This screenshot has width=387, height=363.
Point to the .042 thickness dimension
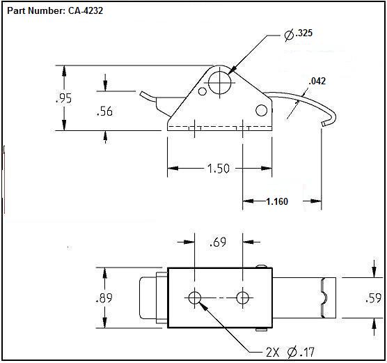point(317,81)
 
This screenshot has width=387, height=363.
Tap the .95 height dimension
point(63,98)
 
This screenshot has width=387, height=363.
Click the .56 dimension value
point(104,111)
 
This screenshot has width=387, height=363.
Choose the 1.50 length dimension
point(219,168)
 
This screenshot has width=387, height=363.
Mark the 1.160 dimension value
point(276,202)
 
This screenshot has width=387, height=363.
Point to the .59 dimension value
point(373,298)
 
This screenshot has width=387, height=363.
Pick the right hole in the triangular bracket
point(262,110)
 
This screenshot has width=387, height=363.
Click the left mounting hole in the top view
point(194,298)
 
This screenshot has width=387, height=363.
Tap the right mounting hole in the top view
point(242,298)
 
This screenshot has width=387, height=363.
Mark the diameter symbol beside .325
point(288,33)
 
